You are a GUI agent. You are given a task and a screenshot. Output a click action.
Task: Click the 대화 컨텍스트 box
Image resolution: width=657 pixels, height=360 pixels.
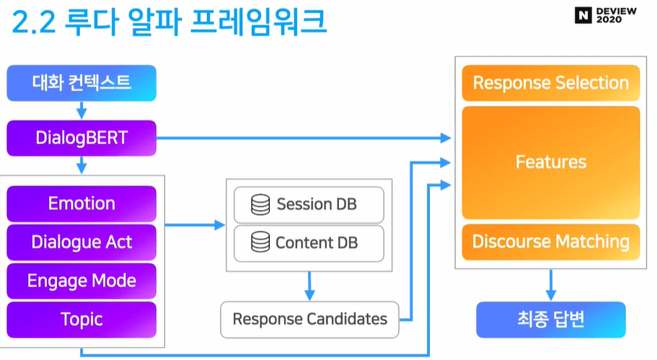[81, 83]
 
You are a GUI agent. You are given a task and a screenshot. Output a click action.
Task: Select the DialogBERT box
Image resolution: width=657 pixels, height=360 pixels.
[81, 138]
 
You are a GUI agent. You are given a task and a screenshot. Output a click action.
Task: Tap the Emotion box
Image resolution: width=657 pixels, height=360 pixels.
[81, 203]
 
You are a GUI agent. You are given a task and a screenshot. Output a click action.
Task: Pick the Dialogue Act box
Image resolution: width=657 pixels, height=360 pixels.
[81, 242]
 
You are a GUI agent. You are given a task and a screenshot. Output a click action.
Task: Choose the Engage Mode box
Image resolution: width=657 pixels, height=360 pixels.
[81, 281]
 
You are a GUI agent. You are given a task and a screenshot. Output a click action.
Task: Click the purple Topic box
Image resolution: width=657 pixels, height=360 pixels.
[81, 320]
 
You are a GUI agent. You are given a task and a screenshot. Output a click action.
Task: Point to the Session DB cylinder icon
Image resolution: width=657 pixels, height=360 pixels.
[260, 204]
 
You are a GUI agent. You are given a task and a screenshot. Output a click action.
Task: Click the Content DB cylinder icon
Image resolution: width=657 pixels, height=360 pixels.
[260, 242]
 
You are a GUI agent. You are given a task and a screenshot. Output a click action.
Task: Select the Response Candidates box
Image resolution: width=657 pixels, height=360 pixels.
[309, 320]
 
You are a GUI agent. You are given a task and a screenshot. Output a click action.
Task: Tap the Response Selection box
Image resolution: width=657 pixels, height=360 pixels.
[550, 83]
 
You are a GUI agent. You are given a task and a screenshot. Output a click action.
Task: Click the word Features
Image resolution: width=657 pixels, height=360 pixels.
[550, 162]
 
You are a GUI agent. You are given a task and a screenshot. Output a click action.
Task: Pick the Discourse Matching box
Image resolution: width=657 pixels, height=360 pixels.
[550, 242]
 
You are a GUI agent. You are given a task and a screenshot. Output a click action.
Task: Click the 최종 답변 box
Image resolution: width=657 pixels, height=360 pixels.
[550, 320]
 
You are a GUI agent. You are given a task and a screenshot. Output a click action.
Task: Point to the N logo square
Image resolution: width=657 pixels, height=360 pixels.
[583, 15]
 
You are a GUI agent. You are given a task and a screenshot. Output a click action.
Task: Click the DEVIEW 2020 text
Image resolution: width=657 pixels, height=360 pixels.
[617, 15]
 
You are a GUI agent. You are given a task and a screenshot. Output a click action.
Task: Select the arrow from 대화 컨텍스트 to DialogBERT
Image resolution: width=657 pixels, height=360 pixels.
[81, 110]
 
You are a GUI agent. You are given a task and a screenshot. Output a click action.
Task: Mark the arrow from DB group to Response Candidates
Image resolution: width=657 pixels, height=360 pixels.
[309, 286]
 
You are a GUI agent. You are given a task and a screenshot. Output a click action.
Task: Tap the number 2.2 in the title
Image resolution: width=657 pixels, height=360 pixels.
[33, 22]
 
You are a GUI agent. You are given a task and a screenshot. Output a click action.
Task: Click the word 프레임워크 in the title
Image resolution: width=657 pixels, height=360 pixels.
[258, 21]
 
